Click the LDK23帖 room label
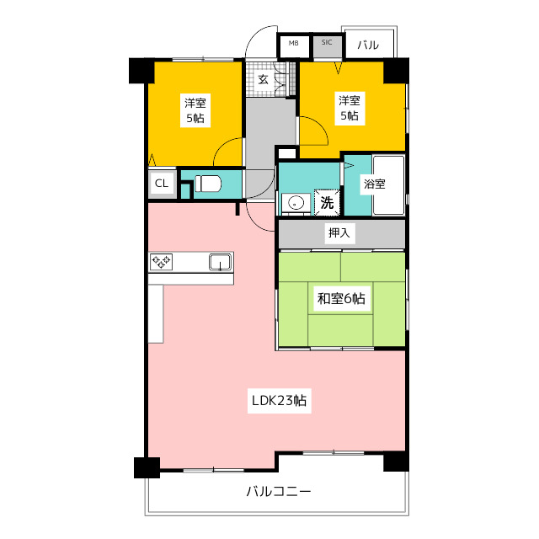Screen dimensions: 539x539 coord(279,401)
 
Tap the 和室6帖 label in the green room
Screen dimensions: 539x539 coord(341,298)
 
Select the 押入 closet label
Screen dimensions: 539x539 coord(339,232)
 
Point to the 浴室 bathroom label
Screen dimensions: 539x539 coord(374,184)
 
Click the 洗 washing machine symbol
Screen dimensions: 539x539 coord(327,202)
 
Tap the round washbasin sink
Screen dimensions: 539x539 coord(295,203)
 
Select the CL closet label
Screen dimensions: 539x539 coord(162,184)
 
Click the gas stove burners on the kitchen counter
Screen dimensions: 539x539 coord(161,262)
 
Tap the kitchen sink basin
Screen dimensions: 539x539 coord(221,262)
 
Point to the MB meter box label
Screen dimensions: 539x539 coord(293,43)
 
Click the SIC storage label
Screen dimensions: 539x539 coord(327,42)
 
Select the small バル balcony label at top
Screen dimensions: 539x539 coord(368,45)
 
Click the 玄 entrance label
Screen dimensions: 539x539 coord(263,79)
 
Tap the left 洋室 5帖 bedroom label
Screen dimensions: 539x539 coord(195,110)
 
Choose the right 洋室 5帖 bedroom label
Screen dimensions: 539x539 coord(350,108)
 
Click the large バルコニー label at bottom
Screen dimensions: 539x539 coord(279,491)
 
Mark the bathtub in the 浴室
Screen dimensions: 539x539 coord(388,185)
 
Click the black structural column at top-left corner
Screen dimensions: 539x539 coord(141,71)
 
